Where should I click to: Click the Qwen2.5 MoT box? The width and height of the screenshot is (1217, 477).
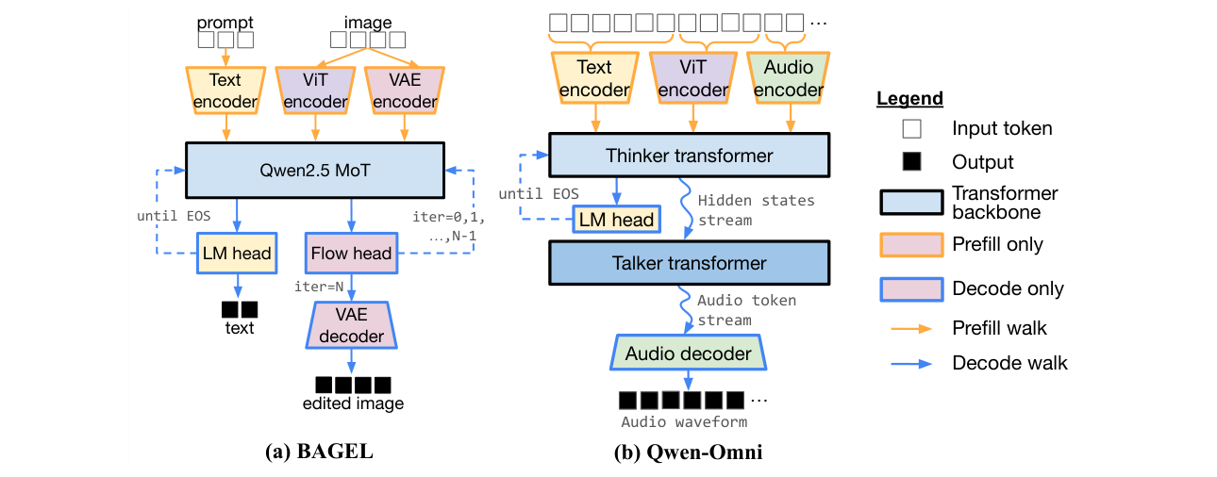(x=315, y=171)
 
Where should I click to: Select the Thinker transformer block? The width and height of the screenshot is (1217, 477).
(x=689, y=156)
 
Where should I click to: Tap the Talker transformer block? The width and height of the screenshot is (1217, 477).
(x=689, y=263)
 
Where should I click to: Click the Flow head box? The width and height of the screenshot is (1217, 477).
(x=351, y=254)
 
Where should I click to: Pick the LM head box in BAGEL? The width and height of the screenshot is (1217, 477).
(x=237, y=254)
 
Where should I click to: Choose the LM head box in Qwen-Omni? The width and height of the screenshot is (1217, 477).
(x=617, y=220)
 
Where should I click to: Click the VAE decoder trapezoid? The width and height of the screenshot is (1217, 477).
(x=352, y=325)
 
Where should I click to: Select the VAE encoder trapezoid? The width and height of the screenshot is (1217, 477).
(x=405, y=90)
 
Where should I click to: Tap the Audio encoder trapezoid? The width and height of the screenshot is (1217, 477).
(x=789, y=78)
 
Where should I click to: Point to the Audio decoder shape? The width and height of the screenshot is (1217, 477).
(x=689, y=353)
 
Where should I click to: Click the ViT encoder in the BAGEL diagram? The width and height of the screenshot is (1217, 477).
(x=315, y=90)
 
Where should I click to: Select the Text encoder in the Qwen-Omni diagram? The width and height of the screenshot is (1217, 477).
(x=595, y=78)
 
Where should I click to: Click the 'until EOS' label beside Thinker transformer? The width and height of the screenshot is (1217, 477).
(x=539, y=194)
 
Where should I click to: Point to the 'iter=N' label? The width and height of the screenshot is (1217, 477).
(x=319, y=287)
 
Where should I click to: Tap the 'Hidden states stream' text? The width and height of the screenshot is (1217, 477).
(x=756, y=210)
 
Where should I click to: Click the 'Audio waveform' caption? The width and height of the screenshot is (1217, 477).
(x=684, y=422)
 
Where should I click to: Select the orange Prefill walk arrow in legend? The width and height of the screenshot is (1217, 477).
(x=911, y=329)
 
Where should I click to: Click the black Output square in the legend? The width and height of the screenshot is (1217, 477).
(x=911, y=162)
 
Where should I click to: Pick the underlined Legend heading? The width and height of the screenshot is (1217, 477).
(x=909, y=99)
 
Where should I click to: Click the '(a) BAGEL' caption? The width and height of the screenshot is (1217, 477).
(x=319, y=452)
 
